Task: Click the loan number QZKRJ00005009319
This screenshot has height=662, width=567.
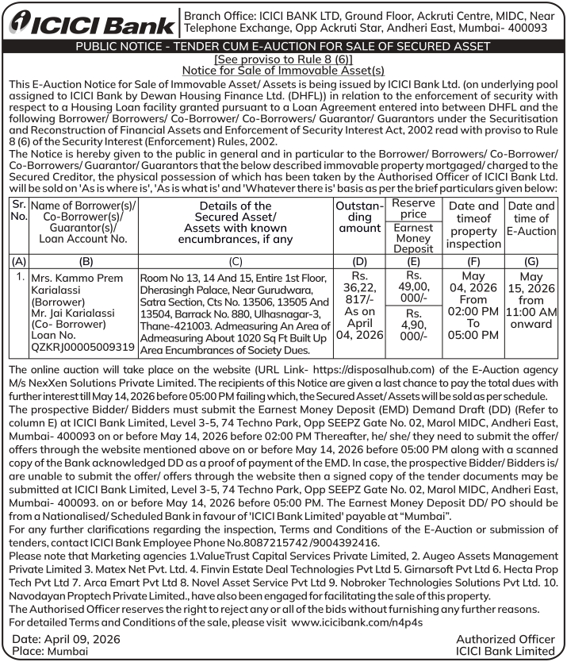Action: click(82, 347)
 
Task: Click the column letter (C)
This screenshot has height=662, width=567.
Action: click(235, 260)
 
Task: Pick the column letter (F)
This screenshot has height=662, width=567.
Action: click(473, 260)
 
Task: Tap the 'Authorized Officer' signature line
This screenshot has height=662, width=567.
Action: click(505, 639)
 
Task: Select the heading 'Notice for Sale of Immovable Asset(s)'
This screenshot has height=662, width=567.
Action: click(283, 71)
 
